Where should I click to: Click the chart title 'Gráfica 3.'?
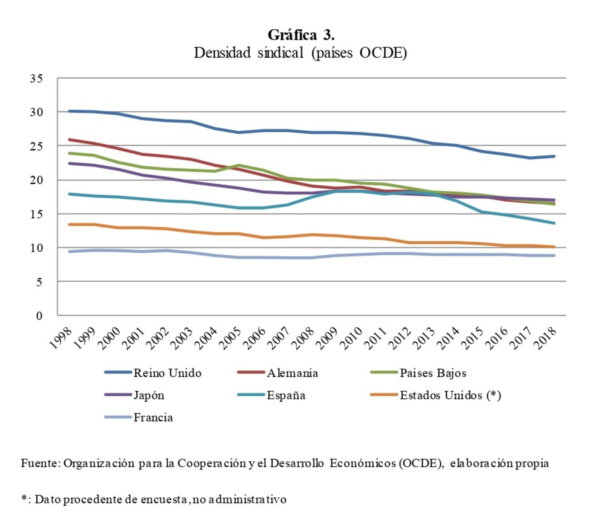(301, 35)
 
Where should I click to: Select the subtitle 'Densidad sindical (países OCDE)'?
(300, 53)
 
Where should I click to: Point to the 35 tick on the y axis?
(36, 79)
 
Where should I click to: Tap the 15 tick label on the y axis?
(36, 214)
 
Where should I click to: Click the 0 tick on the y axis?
(39, 316)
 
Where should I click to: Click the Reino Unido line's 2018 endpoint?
(554, 156)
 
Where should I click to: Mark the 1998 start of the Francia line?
(69, 252)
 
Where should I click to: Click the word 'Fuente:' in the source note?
(41, 463)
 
